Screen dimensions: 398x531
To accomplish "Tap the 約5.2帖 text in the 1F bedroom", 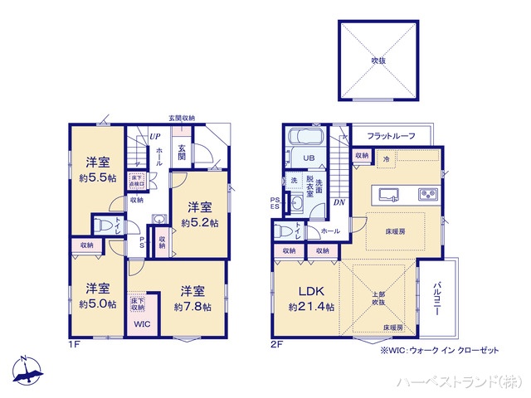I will coord(200,223).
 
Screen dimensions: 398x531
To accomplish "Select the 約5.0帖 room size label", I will coord(97,304).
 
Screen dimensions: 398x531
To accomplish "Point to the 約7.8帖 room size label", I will coord(192,306).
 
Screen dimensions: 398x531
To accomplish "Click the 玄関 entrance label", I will coord(182,152).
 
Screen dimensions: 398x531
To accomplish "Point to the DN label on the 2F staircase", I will coord(339,201).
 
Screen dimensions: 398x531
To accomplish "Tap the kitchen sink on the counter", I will coord(390,195).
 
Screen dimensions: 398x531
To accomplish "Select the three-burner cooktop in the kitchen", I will coord(428,195).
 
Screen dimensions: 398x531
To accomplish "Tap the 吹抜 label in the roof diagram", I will coord(378,61).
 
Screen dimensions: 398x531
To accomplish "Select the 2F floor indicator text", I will coord(275,344).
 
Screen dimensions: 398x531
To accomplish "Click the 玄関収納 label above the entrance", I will coord(182,119).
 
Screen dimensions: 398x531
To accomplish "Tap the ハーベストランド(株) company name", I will coord(458,381).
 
